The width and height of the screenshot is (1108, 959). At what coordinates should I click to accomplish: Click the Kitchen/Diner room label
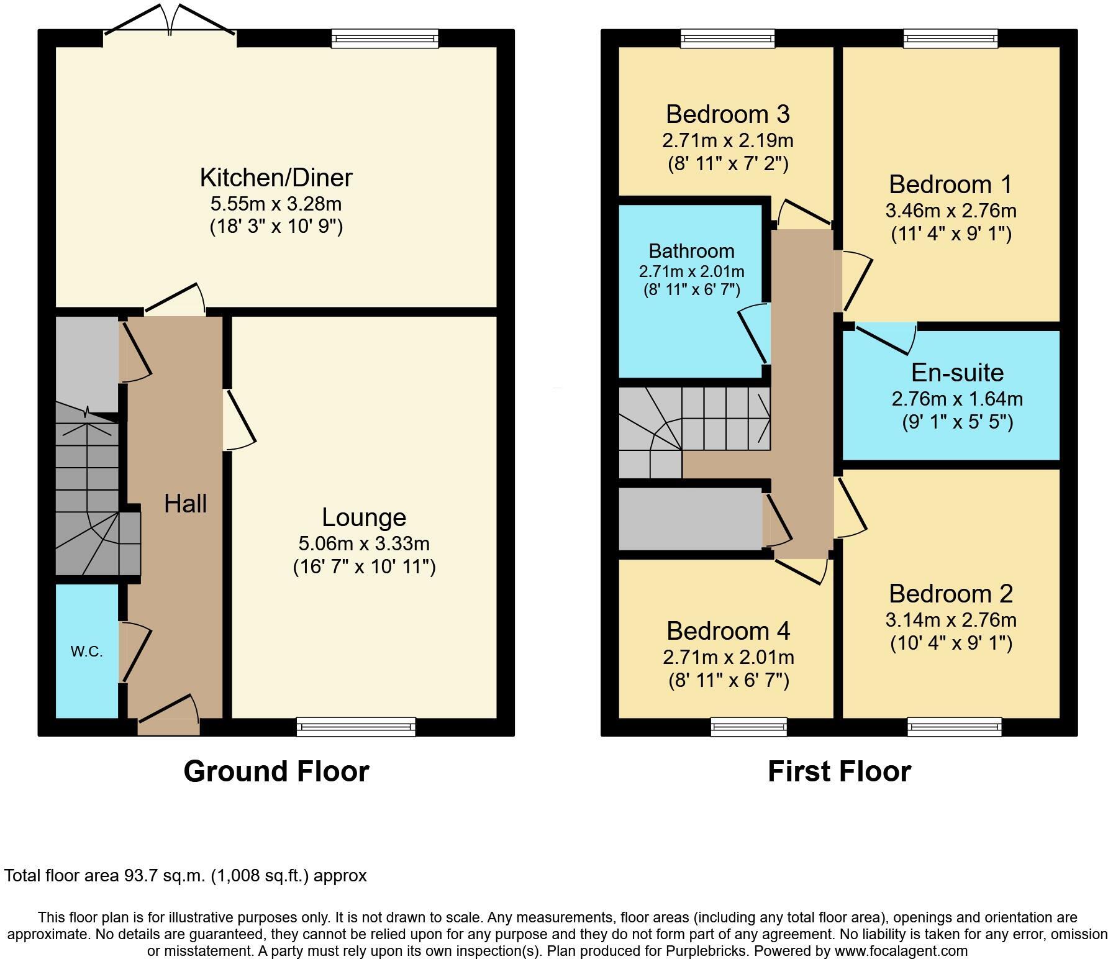pos(276,178)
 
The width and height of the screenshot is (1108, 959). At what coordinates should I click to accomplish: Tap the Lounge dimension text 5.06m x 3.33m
pos(364,543)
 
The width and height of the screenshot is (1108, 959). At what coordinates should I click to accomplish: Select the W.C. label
pos(86,652)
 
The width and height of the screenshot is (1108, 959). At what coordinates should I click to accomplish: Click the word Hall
pos(186,503)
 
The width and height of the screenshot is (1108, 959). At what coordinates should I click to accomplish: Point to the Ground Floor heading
pos(276,771)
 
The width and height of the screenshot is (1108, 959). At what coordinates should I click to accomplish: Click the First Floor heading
pos(840,771)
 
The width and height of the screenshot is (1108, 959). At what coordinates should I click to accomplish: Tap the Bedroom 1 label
pos(951,184)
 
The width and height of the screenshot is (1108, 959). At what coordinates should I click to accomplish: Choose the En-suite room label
pos(958,373)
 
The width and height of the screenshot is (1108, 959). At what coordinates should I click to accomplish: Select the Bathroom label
pos(692,251)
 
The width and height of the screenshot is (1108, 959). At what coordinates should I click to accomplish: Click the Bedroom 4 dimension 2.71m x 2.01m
pos(729,657)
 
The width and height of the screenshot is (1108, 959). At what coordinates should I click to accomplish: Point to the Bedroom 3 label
pos(728,114)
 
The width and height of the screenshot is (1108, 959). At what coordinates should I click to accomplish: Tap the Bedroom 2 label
pos(951,594)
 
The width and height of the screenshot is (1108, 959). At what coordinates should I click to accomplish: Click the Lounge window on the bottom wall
pos(356,727)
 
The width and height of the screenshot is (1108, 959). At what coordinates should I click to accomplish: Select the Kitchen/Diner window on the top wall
pos(385,39)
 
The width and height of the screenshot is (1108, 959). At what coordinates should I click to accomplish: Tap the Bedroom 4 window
pos(748,727)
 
